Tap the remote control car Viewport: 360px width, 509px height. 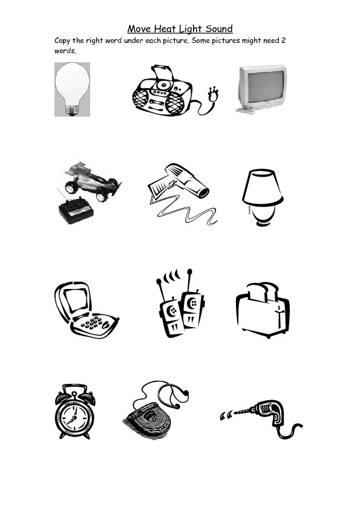click(x=91, y=179)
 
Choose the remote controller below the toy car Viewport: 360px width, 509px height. click(x=75, y=212)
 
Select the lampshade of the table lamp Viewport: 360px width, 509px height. click(x=261, y=187)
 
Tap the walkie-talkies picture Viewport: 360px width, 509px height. click(x=180, y=308)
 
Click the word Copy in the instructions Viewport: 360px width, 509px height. click(x=64, y=41)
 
